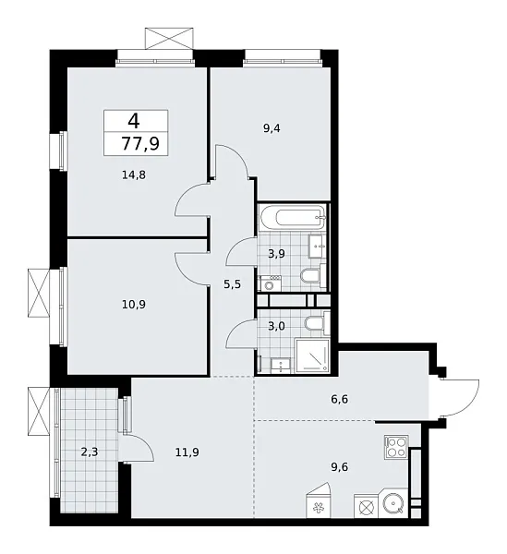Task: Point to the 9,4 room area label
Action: pyautogui.click(x=272, y=129)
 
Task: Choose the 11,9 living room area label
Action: pyautogui.click(x=187, y=452)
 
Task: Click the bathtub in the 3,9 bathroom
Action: pyautogui.click(x=291, y=221)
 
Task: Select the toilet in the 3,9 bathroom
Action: pyautogui.click(x=311, y=277)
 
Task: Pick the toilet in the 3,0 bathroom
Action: pyautogui.click(x=313, y=325)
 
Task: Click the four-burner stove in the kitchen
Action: pyautogui.click(x=397, y=448)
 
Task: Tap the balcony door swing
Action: pyautogui.click(x=139, y=451)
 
